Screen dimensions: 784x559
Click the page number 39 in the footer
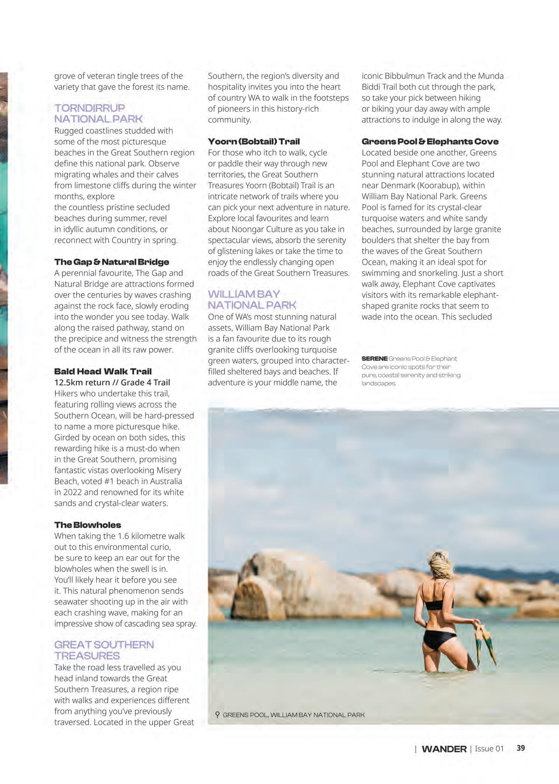pyautogui.click(x=520, y=748)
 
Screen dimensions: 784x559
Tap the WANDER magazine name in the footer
pyautogui.click(x=443, y=749)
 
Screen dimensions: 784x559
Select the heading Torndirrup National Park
pyautogui.click(x=98, y=113)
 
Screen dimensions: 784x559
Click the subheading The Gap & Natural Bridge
pyautogui.click(x=111, y=262)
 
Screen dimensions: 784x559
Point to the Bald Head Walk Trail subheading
pyautogui.click(x=103, y=371)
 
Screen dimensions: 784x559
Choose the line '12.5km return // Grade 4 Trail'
pyautogui.click(x=112, y=382)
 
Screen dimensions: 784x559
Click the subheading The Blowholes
pyautogui.click(x=87, y=525)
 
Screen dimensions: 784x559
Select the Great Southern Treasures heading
pyautogui.click(x=104, y=650)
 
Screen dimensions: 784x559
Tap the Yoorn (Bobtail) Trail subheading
pyautogui.click(x=254, y=141)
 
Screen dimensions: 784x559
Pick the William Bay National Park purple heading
pyautogui.click(x=251, y=299)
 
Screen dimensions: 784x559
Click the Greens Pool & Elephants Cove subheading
pyautogui.click(x=430, y=141)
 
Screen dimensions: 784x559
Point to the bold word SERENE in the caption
pyautogui.click(x=374, y=359)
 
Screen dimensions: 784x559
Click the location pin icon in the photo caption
pyautogui.click(x=217, y=714)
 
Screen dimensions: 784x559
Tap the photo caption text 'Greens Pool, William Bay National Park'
pyautogui.click(x=294, y=715)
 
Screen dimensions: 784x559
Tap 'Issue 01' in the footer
pyautogui.click(x=489, y=749)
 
